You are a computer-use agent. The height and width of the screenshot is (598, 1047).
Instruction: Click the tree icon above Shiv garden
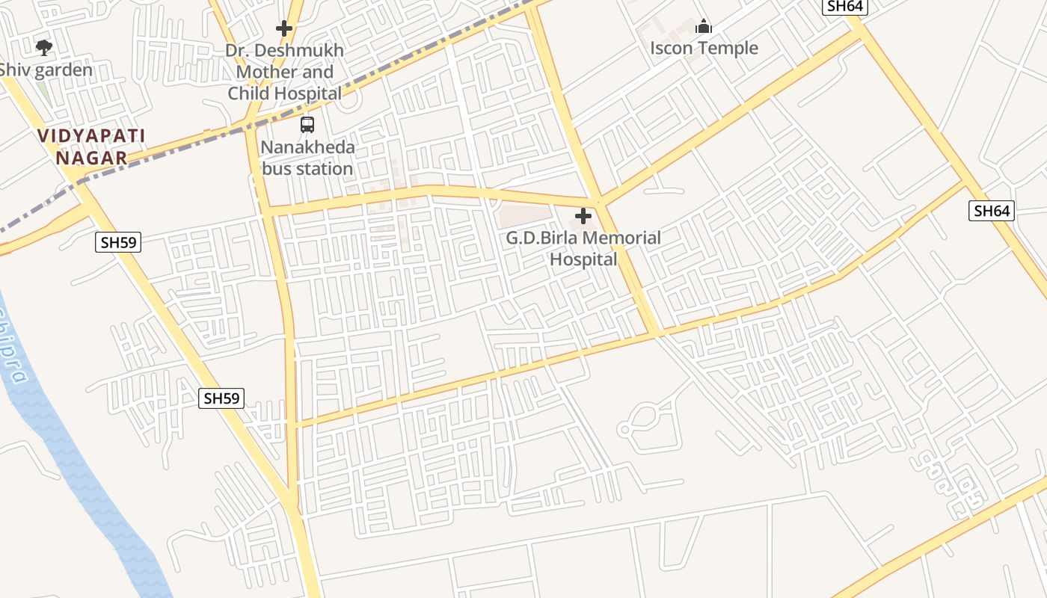click(44, 48)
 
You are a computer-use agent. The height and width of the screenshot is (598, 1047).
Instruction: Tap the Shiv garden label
click(46, 70)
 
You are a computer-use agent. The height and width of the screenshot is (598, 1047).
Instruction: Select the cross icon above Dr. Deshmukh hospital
click(283, 28)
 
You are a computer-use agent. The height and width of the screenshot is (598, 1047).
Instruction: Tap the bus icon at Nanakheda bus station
click(307, 125)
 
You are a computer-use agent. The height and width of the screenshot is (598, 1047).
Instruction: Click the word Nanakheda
click(307, 147)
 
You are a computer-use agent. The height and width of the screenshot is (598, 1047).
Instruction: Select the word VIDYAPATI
click(91, 136)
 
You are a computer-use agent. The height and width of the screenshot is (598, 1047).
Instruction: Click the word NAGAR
click(91, 158)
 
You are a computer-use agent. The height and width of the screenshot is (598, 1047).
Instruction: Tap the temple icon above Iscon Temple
click(704, 27)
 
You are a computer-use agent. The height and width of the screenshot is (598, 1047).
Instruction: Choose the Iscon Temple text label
click(704, 49)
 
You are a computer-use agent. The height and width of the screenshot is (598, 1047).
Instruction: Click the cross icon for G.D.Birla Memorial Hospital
click(583, 217)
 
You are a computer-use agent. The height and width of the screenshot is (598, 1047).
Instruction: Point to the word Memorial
click(622, 238)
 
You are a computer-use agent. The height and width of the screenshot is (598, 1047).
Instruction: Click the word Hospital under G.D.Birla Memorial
click(583, 259)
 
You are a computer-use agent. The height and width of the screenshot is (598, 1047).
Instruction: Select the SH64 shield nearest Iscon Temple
click(845, 6)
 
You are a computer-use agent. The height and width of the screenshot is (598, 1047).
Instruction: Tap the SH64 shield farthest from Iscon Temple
click(992, 211)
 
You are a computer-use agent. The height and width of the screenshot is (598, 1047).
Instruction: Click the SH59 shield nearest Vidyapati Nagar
click(119, 241)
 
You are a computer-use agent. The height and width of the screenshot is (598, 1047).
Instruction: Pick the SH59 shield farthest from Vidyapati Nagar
click(222, 398)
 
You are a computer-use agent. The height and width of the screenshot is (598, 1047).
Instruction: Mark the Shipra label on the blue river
click(16, 351)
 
